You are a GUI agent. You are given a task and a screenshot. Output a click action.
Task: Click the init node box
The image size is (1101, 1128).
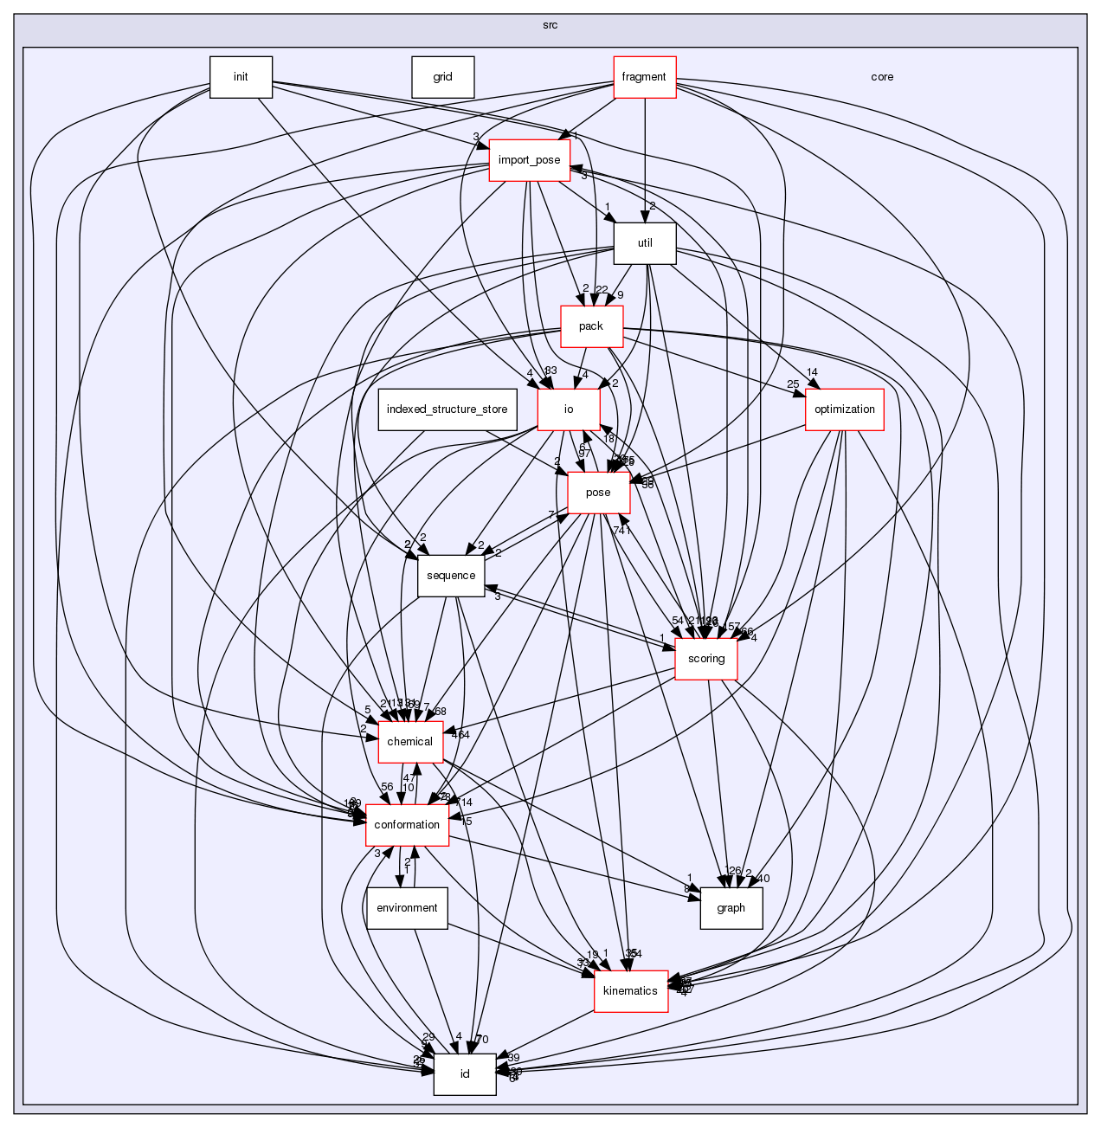pos(241,77)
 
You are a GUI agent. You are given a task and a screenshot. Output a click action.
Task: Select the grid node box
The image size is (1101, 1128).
pos(442,77)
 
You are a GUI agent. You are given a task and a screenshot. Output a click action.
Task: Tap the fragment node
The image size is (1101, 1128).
pos(644,77)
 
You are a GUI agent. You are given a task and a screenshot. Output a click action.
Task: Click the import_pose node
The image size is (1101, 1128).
pos(529,160)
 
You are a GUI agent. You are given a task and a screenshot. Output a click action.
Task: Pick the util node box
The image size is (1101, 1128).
pos(645,243)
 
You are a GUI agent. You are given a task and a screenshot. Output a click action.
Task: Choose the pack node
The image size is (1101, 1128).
pos(591,326)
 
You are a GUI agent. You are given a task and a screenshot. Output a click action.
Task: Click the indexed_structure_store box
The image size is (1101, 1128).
pos(447,409)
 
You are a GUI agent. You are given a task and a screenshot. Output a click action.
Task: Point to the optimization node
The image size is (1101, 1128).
pos(844,409)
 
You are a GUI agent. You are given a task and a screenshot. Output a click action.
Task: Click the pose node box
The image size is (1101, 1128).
pos(598,493)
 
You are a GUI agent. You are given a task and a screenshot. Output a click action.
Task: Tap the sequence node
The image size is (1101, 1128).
pos(451,576)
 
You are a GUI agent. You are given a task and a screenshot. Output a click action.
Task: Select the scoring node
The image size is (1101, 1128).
pos(706,659)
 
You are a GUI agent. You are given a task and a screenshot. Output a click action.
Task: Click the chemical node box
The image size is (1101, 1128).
pos(410,742)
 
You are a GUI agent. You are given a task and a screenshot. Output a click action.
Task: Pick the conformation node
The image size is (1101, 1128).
pos(407,825)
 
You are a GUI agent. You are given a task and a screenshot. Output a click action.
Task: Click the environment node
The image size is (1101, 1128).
pos(407,908)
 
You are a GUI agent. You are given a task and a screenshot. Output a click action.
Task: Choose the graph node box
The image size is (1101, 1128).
pos(731,908)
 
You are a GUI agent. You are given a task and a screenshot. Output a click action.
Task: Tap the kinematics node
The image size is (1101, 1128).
pos(630,991)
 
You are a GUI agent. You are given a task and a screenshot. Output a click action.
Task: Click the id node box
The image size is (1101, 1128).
pos(465,1074)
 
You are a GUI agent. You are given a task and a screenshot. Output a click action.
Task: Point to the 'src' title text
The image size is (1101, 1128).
pos(550,25)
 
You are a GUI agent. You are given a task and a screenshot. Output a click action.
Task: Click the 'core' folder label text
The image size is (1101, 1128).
pos(882,77)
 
